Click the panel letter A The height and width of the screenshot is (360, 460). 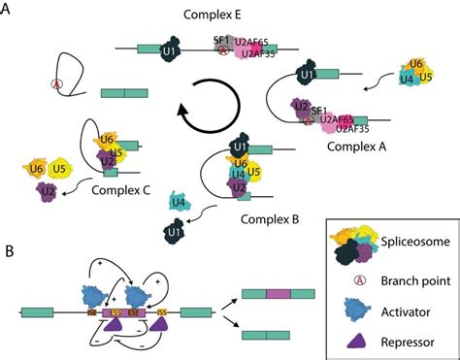click(x=9, y=11)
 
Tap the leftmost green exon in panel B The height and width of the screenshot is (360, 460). click(x=37, y=313)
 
